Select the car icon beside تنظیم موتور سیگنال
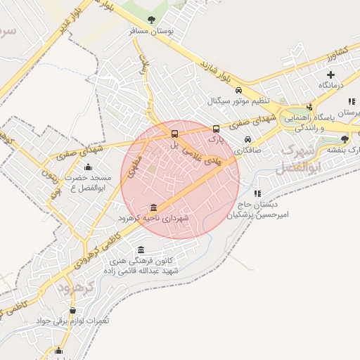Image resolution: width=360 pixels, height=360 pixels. pos(238,91)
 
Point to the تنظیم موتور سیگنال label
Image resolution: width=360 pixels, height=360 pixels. pos(238,101)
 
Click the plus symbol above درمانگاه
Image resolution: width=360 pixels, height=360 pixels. pos(330,74)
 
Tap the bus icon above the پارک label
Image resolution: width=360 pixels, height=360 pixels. pos(216,129)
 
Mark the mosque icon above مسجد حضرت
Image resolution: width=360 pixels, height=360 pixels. pos(88,167)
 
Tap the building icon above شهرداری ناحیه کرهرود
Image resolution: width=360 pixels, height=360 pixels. pos(153,207)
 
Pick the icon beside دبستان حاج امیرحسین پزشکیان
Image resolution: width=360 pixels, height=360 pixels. pos(257,193)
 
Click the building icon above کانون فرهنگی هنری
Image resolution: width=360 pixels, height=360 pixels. pos(141,250)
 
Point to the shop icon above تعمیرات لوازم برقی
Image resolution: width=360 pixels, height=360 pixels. pos(72,311)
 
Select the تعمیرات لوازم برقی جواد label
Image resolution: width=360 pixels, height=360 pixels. pos(73,321)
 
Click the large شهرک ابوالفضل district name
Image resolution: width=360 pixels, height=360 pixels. pos(301,160)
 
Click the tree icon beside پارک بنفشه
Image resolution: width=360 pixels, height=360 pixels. pos(344,139)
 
